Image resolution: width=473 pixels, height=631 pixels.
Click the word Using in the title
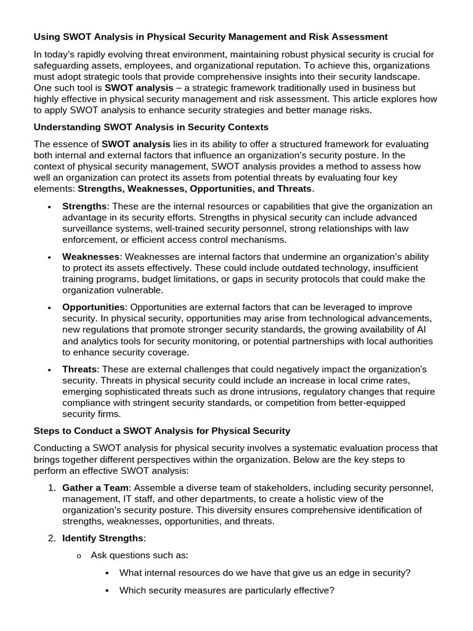tap(47, 37)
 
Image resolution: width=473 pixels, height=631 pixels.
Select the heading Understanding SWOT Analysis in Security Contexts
tap(151, 128)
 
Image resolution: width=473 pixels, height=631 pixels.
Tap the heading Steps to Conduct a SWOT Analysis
tap(162, 430)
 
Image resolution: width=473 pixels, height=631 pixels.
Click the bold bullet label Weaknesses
tap(91, 256)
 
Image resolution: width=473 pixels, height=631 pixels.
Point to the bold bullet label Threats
tap(79, 369)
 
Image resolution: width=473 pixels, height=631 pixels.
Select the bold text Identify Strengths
tap(102, 539)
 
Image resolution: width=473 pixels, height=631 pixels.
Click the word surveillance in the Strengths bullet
tap(90, 229)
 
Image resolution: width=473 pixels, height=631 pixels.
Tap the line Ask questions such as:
tap(139, 556)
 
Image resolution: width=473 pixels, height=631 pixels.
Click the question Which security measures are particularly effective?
tap(227, 590)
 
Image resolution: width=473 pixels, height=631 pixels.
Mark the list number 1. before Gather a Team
tap(52, 488)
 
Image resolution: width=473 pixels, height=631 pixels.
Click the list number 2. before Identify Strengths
tap(52, 539)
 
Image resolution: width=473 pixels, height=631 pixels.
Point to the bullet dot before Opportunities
tap(49, 307)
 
